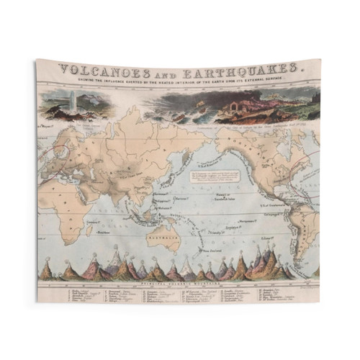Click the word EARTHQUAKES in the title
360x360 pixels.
coord(237,71)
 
